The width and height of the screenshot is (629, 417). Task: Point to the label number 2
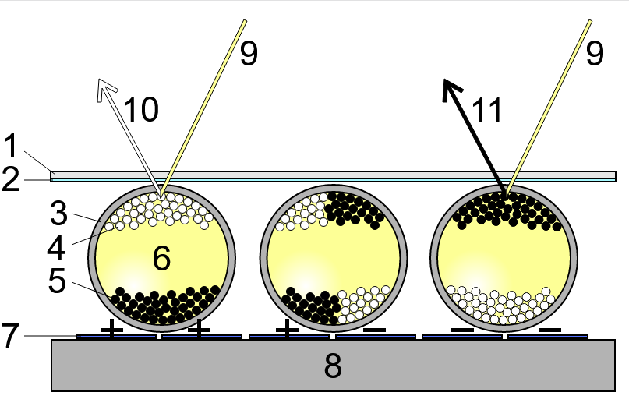tap(10, 180)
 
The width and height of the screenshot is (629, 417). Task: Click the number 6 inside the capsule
tap(161, 258)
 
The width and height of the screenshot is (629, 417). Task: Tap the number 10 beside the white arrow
tap(141, 110)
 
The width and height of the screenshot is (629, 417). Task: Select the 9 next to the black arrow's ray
tap(595, 53)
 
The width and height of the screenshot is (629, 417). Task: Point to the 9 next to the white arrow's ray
tap(248, 53)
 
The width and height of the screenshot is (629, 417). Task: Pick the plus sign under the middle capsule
tap(288, 330)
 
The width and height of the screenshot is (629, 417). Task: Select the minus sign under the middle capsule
tap(374, 330)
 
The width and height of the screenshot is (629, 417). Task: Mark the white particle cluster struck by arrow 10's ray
tap(162, 210)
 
